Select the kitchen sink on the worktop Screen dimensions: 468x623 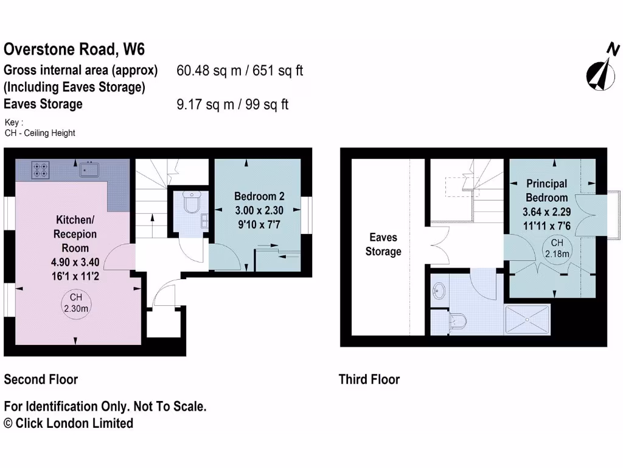click(89, 168)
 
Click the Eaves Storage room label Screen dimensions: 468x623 click(383, 244)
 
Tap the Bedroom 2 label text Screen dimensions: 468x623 click(259, 196)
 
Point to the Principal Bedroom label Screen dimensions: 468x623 click(546, 190)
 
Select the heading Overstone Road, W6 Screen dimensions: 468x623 click(74, 49)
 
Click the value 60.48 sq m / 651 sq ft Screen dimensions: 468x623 click(240, 71)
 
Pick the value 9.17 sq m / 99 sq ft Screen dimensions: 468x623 click(232, 104)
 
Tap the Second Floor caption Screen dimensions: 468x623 click(41, 380)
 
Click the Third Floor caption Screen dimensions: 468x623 click(369, 380)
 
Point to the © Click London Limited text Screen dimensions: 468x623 click(68, 423)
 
